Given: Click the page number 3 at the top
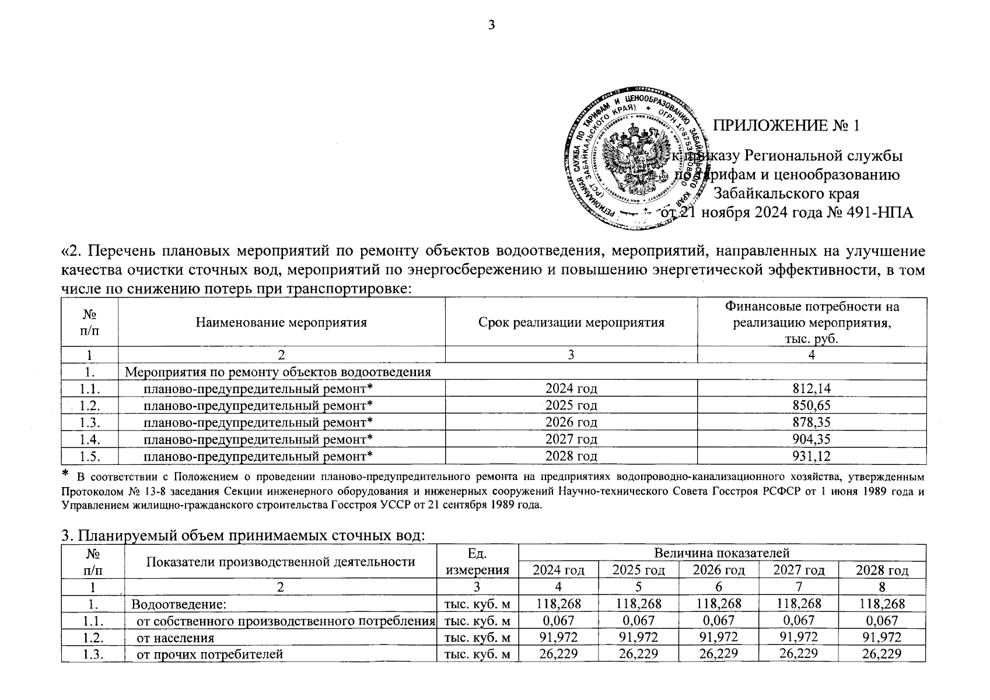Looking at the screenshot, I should [x=491, y=25].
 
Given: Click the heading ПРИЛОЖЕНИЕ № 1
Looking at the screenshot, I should [x=787, y=126].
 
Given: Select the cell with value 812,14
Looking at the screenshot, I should [x=811, y=388].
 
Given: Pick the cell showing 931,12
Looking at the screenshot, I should [x=811, y=456].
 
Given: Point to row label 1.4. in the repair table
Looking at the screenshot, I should [x=90, y=439].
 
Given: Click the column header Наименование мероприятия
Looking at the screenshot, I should [x=281, y=322].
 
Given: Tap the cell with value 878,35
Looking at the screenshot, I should [x=811, y=422].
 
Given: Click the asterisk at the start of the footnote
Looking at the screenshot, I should [x=66, y=473].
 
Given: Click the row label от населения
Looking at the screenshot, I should [x=175, y=638].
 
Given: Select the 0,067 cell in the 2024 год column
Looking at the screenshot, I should [x=558, y=621].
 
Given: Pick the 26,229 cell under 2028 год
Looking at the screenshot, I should [x=881, y=654].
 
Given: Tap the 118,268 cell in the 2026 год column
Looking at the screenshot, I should [x=719, y=604].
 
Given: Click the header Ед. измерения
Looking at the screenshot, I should [x=477, y=561].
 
